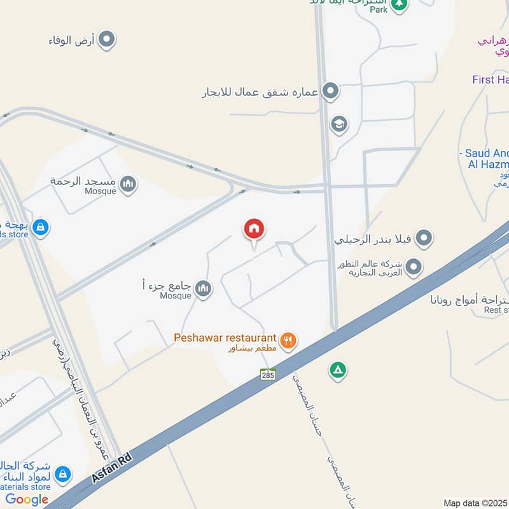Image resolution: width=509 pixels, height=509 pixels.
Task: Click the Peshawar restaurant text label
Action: [225, 338]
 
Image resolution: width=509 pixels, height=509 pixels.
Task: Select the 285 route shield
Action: [268, 374]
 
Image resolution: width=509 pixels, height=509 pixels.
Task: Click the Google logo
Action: [27, 499]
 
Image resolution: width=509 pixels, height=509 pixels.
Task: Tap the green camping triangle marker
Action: [337, 370]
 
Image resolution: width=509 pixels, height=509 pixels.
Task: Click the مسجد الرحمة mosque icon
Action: [129, 185]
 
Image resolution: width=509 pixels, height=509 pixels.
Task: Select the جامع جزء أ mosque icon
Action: [203, 289]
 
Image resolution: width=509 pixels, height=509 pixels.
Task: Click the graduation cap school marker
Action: [339, 123]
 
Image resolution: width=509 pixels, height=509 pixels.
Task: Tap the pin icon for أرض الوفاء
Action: [108, 41]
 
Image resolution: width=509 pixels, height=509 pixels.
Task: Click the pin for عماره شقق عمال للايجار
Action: [330, 92]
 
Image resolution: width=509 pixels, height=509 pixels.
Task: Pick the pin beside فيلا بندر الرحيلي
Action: [424, 239]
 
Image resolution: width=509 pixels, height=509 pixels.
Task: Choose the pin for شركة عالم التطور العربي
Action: [414, 267]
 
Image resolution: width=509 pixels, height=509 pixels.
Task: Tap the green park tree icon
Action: [399, 6]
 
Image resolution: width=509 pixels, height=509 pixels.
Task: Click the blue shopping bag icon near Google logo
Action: [62, 474]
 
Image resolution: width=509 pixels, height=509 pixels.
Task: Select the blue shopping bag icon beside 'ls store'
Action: [41, 227]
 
